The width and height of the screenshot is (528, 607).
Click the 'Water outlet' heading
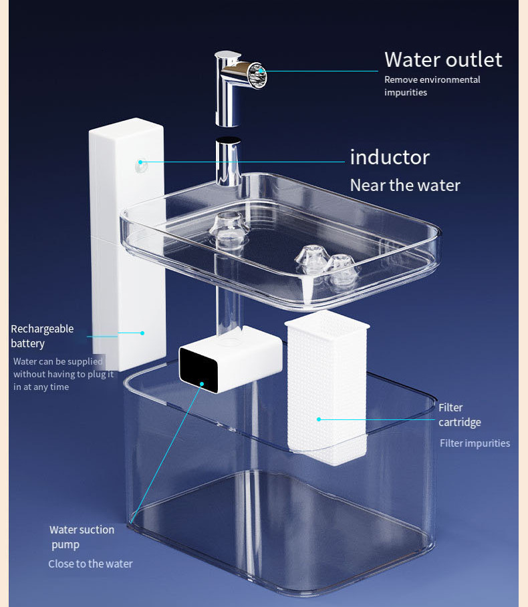coord(442,59)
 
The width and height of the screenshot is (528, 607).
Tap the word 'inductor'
coord(390,157)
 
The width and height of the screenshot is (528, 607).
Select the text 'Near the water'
coord(405,185)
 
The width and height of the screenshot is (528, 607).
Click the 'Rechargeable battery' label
coord(42,336)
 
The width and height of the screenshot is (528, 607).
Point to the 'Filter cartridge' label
coord(459,415)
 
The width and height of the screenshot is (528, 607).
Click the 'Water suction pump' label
coord(82,537)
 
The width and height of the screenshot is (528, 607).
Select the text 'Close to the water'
coord(90,564)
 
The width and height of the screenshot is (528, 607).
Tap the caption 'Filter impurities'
coord(475,443)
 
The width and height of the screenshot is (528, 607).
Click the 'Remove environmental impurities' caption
coord(432,86)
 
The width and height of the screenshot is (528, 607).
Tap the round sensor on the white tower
coord(141,162)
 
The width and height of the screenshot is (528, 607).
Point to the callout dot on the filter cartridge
coord(319,419)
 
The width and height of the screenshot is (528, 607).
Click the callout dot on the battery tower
coord(142,333)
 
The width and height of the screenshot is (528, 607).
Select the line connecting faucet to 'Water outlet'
coord(321,71)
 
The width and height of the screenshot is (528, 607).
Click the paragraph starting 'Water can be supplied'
coord(63,374)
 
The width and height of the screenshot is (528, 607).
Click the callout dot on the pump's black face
coord(202,384)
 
